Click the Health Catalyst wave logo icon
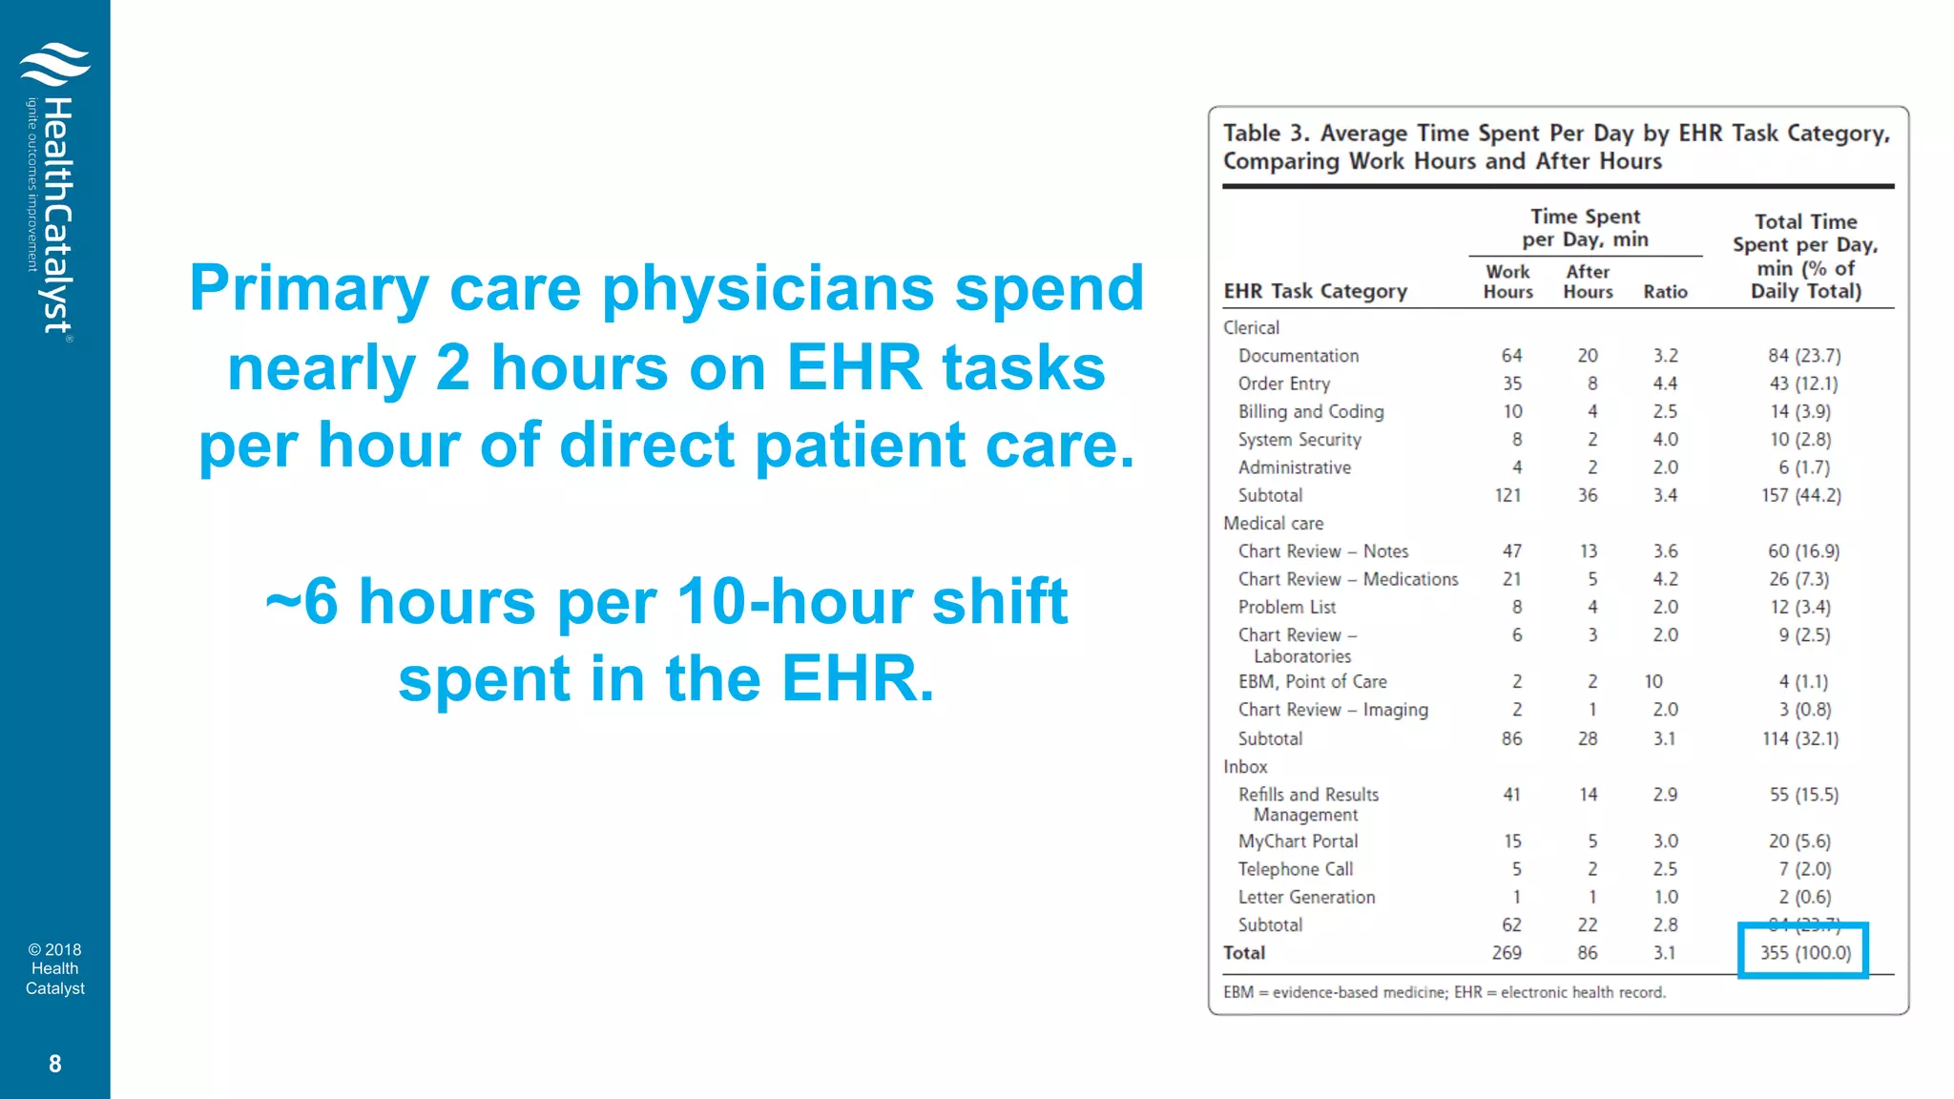tap(54, 64)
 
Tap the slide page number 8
tap(55, 1064)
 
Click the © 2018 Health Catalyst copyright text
tap(54, 968)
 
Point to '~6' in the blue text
tap(301, 601)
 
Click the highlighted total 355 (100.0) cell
tap(1803, 952)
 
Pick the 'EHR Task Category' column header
tap(1315, 291)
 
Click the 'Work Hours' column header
tap(1507, 281)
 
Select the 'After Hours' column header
tap(1587, 281)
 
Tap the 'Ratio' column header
tap(1665, 292)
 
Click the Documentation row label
tap(1298, 356)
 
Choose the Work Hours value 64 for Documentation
tap(1511, 356)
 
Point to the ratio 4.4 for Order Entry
tap(1665, 384)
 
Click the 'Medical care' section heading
tap(1273, 523)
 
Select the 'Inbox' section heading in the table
tap(1245, 766)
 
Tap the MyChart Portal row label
tap(1298, 841)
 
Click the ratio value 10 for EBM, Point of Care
tap(1653, 681)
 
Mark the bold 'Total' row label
tap(1244, 952)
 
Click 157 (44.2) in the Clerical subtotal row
tap(1800, 495)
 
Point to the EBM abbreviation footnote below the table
tap(1443, 992)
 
